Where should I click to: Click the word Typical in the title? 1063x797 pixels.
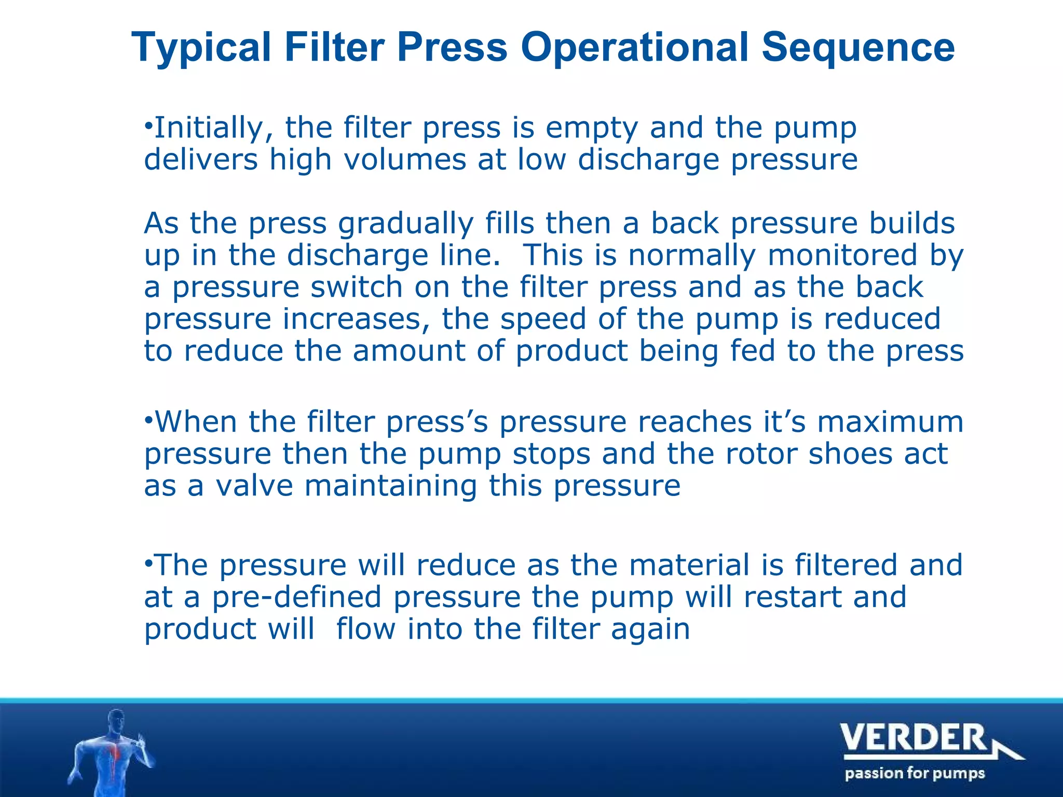tap(201, 48)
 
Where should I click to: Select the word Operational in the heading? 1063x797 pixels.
tap(634, 48)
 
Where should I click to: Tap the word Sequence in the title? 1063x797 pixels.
tap(857, 48)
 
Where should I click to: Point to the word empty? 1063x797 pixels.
tap(591, 129)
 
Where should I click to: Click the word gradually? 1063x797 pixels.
tap(405, 224)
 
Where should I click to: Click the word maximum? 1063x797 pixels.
tap(890, 422)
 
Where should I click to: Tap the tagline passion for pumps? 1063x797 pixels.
tap(915, 774)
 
